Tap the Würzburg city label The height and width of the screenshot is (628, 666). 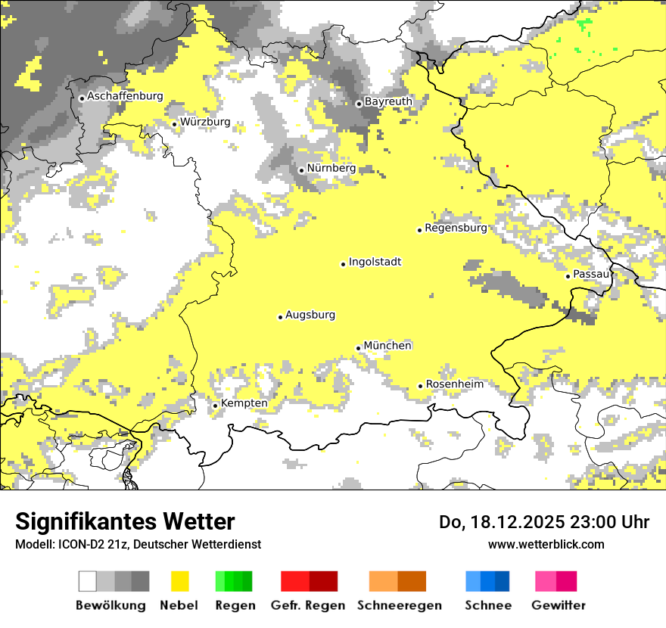[x=205, y=122]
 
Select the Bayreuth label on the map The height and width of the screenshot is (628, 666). [x=388, y=101]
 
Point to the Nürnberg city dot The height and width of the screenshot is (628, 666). [x=301, y=170]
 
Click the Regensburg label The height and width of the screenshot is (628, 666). [x=456, y=228]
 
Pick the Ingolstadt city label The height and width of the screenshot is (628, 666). [x=375, y=262]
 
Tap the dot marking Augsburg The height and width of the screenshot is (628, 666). [x=280, y=317]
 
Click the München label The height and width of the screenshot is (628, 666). [x=387, y=346]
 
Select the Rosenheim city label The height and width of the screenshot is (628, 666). [x=454, y=384]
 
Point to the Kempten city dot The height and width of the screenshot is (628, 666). [x=215, y=406]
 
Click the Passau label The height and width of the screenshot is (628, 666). [x=591, y=274]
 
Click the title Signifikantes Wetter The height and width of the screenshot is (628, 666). [x=125, y=521]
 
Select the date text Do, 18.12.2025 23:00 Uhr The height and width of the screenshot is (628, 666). [x=543, y=522]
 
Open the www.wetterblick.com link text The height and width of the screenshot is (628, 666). [x=546, y=544]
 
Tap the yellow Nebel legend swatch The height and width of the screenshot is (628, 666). [x=180, y=581]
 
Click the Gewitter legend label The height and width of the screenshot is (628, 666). [x=558, y=605]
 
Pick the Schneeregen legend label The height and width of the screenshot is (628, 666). [x=400, y=605]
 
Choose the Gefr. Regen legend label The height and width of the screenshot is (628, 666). [x=308, y=605]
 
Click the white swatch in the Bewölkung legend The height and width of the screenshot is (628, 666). [x=88, y=581]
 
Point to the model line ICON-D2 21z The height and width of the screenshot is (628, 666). [x=138, y=544]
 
